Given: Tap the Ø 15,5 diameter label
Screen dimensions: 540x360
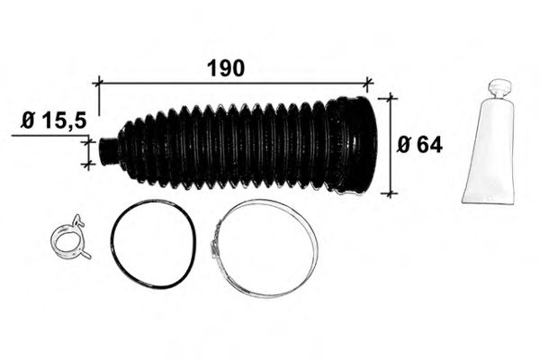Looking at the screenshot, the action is click(53, 121).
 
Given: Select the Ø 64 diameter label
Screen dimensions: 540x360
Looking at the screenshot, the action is click(419, 145).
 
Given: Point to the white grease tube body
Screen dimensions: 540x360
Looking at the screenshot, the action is click(490, 150).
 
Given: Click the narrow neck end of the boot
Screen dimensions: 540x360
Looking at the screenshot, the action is click(107, 151).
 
